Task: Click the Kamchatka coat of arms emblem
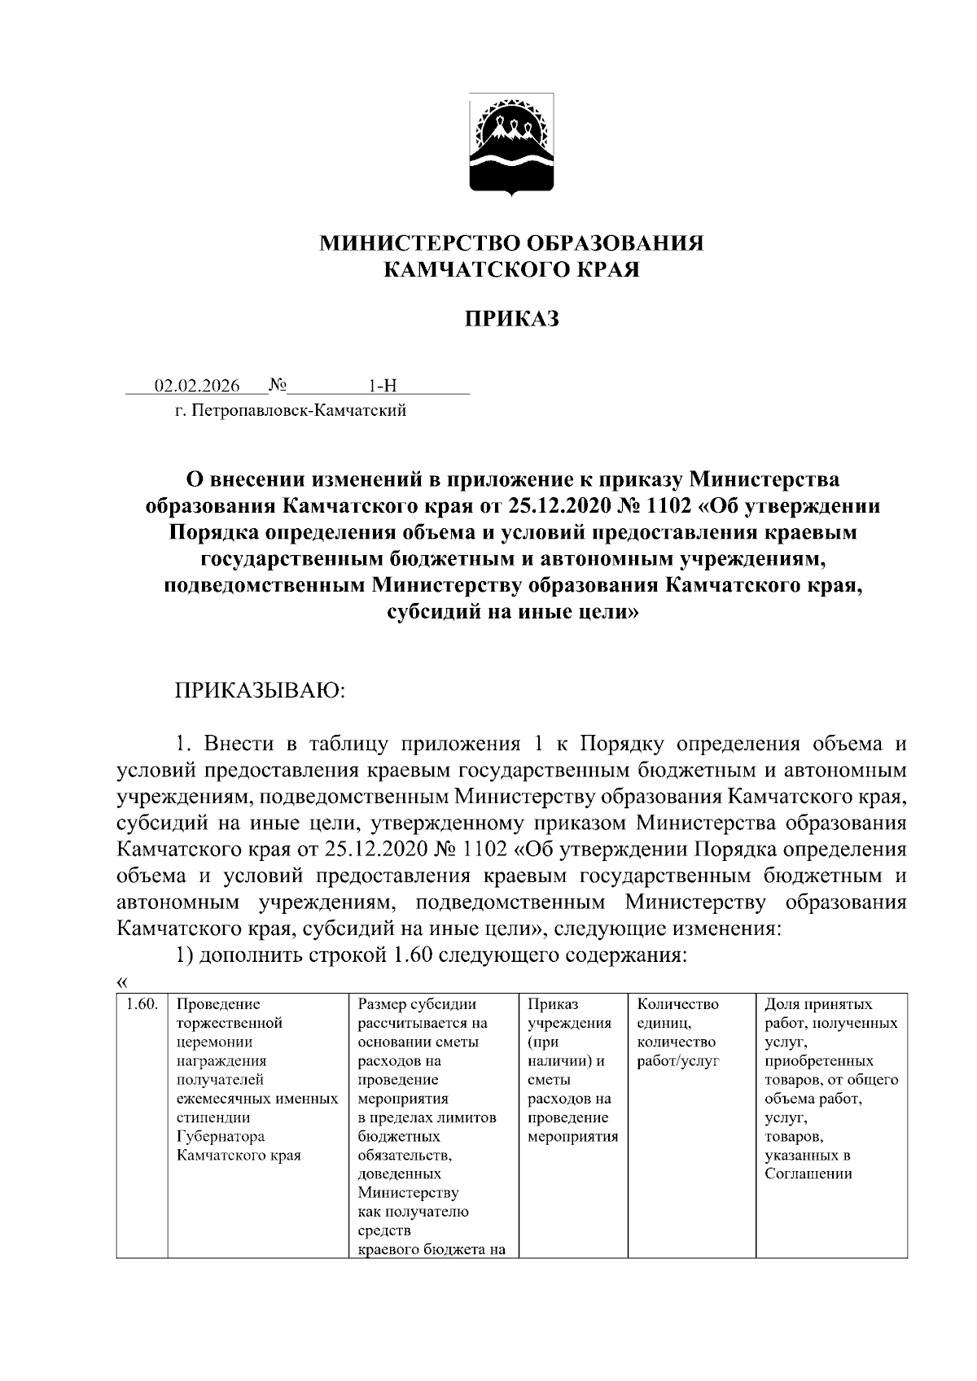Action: click(x=511, y=145)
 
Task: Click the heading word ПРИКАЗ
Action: click(x=511, y=319)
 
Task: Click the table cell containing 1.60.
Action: click(x=142, y=1004)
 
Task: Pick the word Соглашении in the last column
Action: click(x=808, y=1173)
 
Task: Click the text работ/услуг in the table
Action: click(x=677, y=1061)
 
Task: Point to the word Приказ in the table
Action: click(x=552, y=1004)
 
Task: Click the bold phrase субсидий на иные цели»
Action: click(x=511, y=613)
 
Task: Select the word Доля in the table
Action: click(x=781, y=1004)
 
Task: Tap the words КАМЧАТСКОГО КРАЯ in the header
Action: click(x=511, y=270)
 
